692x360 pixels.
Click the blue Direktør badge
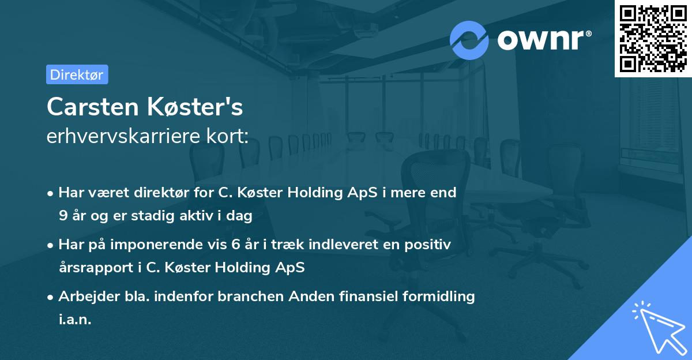coord(77,74)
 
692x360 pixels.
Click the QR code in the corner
coord(653,39)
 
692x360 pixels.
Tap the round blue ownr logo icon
coord(469,40)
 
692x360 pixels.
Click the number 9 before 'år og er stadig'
coord(62,216)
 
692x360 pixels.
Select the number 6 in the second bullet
coord(235,245)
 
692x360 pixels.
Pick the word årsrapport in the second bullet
coord(92,268)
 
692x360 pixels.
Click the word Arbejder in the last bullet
coord(84,297)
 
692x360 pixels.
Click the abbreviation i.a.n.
coord(75,320)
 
